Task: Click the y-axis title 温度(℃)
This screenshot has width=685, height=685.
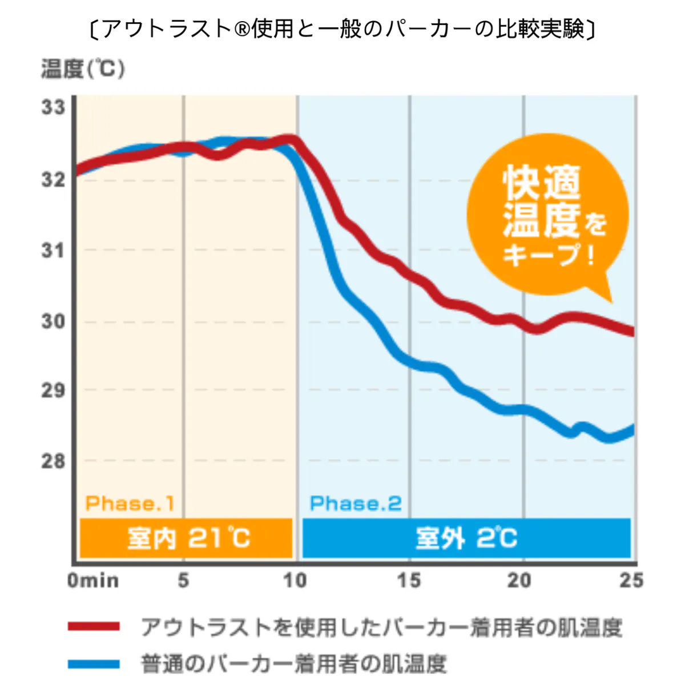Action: [83, 70]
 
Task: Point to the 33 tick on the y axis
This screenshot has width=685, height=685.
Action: [53, 107]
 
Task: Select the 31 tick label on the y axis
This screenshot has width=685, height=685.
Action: [53, 250]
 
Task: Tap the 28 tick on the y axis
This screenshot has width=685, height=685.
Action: [53, 461]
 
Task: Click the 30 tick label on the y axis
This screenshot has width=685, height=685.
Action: [53, 321]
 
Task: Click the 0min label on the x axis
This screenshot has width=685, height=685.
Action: [93, 581]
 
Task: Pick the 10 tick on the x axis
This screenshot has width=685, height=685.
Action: [295, 581]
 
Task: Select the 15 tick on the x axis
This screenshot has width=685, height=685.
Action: [409, 581]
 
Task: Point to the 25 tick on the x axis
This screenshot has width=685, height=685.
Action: [631, 581]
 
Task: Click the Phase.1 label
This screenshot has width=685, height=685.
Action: [130, 503]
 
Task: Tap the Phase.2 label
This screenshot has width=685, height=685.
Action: [355, 503]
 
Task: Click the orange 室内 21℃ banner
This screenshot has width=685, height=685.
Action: [186, 538]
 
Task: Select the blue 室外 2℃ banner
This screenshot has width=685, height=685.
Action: [466, 538]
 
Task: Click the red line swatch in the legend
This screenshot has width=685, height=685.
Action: [94, 627]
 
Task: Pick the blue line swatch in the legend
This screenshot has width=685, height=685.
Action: [94, 664]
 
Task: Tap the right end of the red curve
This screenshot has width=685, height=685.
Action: [632, 332]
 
